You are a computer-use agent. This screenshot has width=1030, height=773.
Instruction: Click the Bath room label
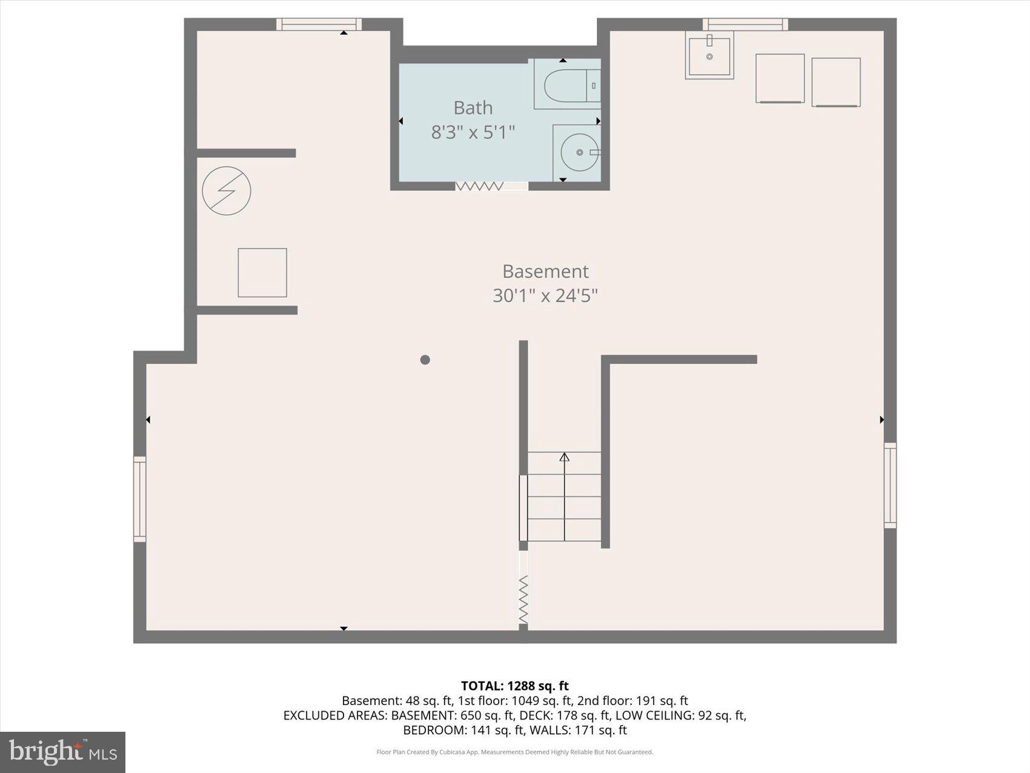473,108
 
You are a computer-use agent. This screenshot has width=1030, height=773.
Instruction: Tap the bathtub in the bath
566,85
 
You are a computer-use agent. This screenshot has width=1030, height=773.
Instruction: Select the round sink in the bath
579,152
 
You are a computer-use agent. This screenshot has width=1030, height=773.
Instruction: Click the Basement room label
545,271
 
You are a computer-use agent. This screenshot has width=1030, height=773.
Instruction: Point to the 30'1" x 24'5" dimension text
545,296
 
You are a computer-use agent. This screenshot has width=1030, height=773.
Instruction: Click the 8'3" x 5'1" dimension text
473,132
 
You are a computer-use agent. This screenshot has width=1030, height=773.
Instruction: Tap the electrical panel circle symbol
227,191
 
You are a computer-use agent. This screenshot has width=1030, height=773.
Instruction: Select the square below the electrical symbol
262,273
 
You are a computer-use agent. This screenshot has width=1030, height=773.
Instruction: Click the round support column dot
425,360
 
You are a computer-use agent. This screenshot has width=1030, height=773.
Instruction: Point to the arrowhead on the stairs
564,457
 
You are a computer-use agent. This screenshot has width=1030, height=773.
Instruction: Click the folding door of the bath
479,186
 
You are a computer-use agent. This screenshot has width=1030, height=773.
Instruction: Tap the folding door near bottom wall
523,599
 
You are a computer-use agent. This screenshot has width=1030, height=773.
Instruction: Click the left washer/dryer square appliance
780,78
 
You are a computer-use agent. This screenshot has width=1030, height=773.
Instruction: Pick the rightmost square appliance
836,82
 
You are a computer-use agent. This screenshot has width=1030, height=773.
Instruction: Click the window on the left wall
140,499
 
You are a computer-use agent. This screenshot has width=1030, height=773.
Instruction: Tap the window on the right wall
890,485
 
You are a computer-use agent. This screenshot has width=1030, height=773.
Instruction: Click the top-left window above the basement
319,24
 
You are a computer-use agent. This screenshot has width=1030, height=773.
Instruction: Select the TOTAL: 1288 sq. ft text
514,686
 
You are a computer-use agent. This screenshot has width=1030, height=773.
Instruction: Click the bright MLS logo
62,752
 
